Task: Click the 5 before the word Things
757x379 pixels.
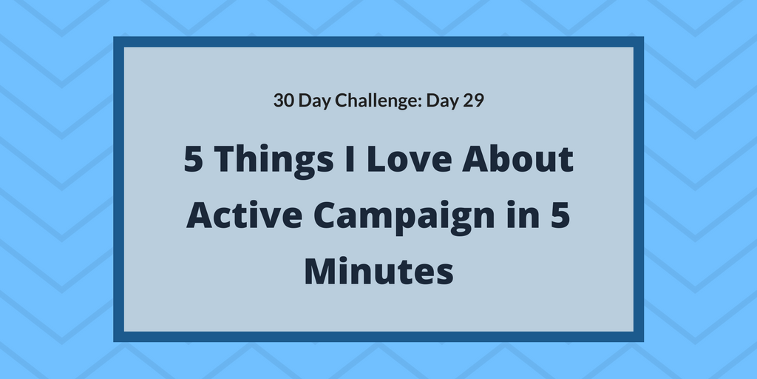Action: pos(193,161)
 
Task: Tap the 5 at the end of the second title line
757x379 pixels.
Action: pos(561,215)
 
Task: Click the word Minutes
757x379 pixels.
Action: pos(378,270)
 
